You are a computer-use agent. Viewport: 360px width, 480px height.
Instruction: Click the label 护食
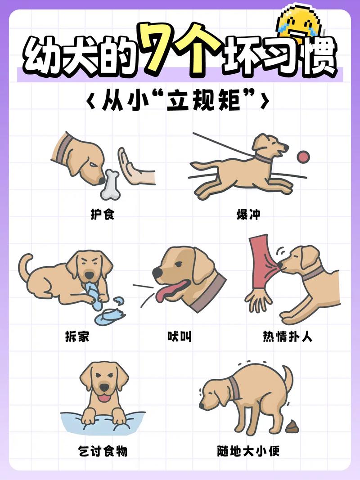coord(103,214)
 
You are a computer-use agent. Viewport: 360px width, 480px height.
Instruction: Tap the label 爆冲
coord(248,214)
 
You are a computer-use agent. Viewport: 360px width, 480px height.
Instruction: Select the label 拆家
coord(76,336)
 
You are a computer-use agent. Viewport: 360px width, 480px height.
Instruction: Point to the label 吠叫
coord(180,336)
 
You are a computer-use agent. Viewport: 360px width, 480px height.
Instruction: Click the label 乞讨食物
coord(102,450)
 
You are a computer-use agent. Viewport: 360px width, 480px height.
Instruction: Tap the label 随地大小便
coord(248,450)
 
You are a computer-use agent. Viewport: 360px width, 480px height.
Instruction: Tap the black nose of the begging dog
coord(104,387)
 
